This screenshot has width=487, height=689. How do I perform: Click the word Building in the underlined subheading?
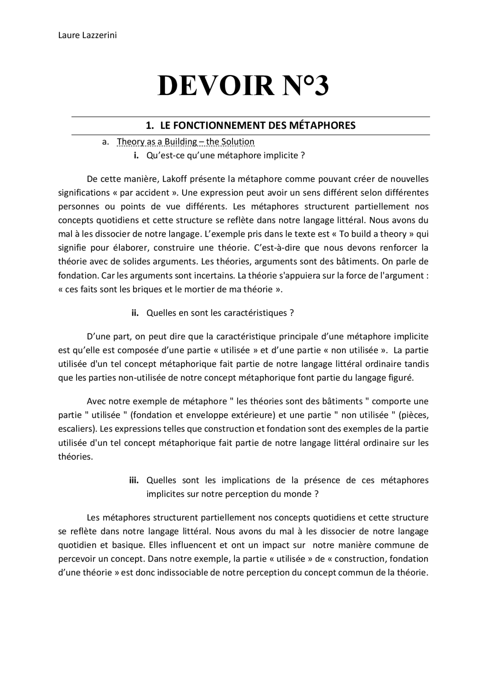click(181, 142)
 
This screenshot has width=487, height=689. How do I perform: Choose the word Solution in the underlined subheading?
click(236, 142)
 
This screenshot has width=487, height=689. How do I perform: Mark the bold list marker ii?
click(135, 313)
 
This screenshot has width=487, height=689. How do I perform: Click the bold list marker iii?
click(134, 480)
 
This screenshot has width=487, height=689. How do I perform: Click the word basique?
click(128, 545)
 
